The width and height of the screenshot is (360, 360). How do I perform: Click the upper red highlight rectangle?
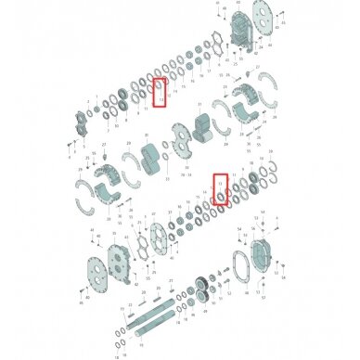coord(160,93)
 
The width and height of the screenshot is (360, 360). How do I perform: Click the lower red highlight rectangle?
coord(220,190)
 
